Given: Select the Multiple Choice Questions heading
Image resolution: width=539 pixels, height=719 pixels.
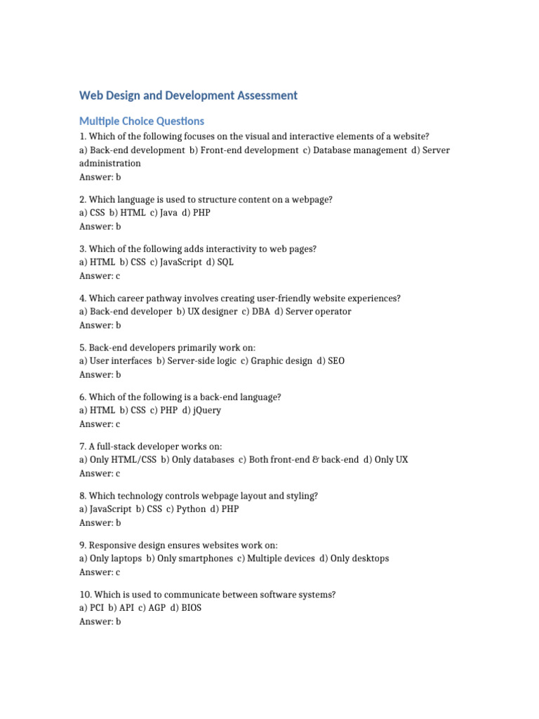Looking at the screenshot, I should [x=142, y=121].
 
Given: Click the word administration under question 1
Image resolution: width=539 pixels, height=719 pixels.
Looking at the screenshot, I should [x=110, y=164].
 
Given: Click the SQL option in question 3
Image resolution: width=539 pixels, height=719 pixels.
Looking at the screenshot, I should [x=225, y=262].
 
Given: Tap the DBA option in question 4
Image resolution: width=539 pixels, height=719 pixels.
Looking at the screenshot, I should [x=260, y=311].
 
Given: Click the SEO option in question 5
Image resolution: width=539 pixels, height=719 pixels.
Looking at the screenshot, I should [x=336, y=361].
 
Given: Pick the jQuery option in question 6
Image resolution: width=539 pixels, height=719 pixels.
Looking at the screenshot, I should [x=206, y=410].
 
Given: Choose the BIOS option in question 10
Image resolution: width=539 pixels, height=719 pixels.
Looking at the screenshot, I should [x=191, y=607].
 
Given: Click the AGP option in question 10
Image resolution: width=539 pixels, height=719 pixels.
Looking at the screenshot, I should [x=155, y=607].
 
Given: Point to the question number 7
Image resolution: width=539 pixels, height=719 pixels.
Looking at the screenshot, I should [x=83, y=447].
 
